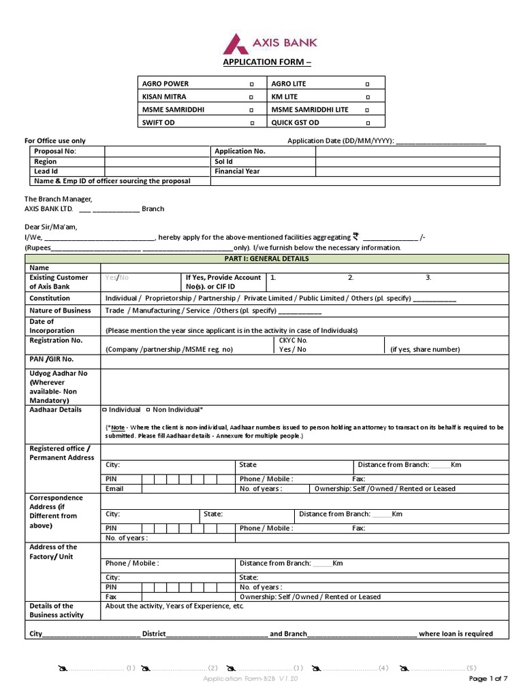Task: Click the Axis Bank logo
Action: tap(269, 44)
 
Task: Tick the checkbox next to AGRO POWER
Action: tap(251, 84)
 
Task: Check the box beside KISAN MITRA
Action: tap(251, 97)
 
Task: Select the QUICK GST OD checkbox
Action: tap(368, 123)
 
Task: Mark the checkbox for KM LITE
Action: tap(368, 97)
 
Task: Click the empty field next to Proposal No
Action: tap(156, 152)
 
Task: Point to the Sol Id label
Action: tap(224, 162)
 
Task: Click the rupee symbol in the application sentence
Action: tap(355, 237)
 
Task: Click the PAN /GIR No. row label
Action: tap(52, 359)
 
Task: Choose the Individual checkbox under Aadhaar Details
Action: tap(104, 410)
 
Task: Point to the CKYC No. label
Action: tap(294, 340)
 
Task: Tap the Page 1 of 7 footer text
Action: tap(488, 679)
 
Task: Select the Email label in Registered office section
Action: tap(114, 489)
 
